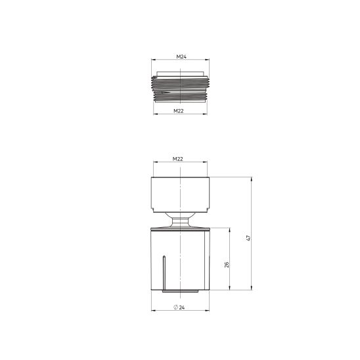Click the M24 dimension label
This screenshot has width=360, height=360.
[181, 56]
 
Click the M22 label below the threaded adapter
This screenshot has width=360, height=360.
[179, 111]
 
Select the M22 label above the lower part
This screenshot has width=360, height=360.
[178, 159]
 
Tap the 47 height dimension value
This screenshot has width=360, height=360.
[248, 238]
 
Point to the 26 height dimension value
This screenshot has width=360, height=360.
[227, 265]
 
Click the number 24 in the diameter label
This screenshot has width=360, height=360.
[182, 307]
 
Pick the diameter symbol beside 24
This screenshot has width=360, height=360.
[176, 307]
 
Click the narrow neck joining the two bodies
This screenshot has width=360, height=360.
[180, 220]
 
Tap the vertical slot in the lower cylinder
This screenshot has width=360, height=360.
[164, 273]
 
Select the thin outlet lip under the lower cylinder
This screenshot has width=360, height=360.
[180, 291]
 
